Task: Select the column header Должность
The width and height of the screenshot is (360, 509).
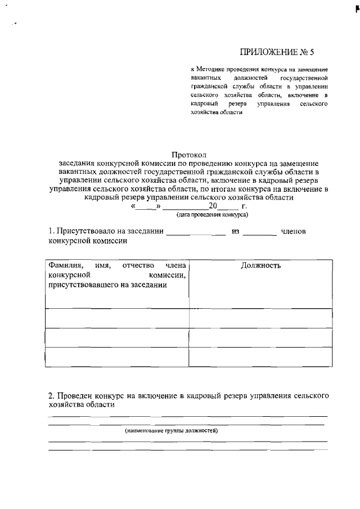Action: (x=260, y=265)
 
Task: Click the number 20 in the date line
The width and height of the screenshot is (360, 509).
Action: (x=213, y=205)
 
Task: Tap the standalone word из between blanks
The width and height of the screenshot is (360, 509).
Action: (x=236, y=231)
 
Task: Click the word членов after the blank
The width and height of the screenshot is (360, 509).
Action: (x=293, y=231)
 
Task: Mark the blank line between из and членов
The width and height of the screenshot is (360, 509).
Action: (x=260, y=233)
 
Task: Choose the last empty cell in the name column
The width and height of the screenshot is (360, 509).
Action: (x=117, y=357)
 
